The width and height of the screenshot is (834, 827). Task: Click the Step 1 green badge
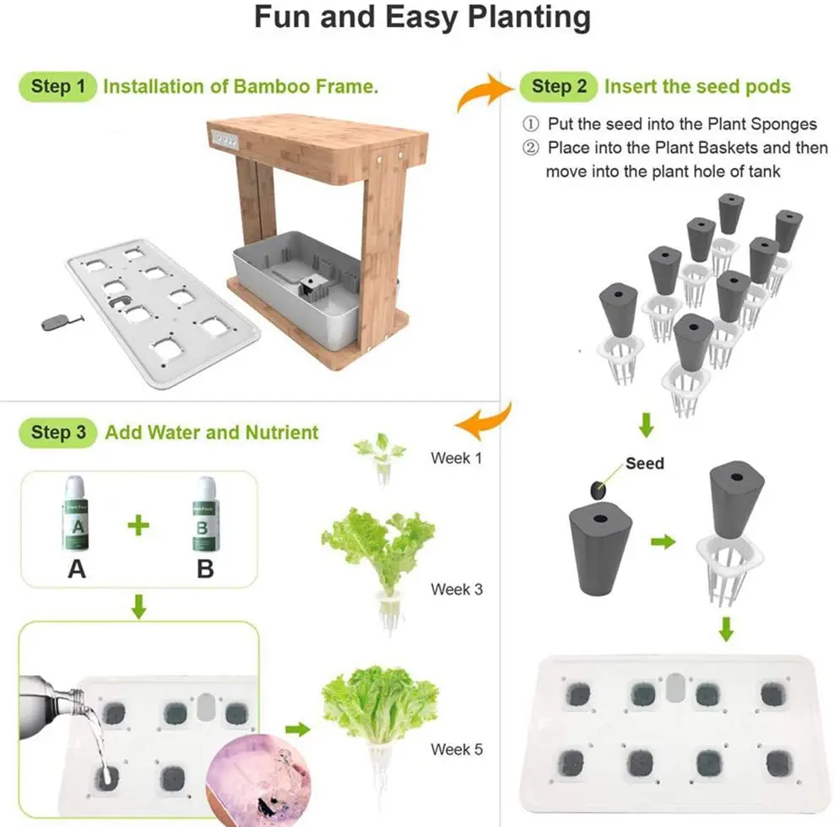57,86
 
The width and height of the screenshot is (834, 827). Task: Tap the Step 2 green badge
558,86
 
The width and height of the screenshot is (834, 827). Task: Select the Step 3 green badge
57,433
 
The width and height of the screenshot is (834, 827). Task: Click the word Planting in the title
529,18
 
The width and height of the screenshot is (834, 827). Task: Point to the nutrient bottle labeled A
75,514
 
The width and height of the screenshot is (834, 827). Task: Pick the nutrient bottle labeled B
205,514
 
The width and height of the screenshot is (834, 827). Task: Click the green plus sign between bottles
138,525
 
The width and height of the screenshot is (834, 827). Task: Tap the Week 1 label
457,458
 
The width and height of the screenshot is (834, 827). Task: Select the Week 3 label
457,589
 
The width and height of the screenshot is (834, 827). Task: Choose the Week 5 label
457,749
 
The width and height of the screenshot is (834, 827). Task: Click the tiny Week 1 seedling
381,457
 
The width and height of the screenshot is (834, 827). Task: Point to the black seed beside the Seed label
598,490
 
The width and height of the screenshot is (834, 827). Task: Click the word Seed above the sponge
645,463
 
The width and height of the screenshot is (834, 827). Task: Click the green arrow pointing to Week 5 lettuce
298,729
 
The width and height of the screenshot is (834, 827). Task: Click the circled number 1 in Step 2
530,124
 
